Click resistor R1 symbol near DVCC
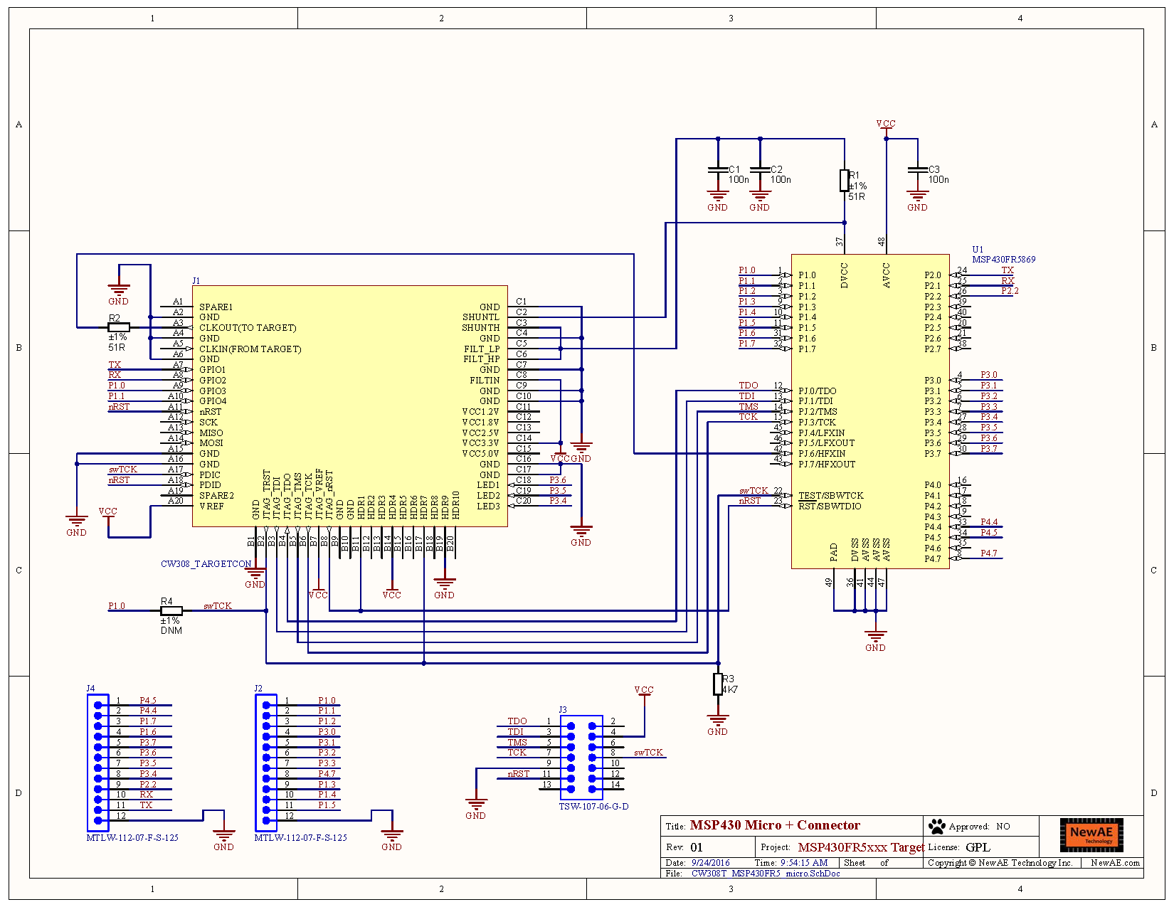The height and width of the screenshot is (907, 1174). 844,181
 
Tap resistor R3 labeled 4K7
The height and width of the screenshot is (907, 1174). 718,684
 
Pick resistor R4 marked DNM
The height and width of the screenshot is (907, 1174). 171,610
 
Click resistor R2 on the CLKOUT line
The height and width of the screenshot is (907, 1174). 118,327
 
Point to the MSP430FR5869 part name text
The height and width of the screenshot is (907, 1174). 1003,260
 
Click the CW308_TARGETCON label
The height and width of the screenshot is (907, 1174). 206,563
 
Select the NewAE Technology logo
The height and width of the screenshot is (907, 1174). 1091,834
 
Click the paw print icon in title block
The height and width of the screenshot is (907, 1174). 937,826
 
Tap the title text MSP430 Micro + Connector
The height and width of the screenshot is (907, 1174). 774,825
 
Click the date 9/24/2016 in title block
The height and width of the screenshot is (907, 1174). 710,862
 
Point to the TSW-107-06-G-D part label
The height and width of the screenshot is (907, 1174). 593,807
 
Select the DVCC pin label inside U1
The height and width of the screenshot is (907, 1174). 845,275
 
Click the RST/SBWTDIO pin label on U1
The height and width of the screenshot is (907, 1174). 830,506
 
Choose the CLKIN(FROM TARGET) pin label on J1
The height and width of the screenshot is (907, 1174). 250,349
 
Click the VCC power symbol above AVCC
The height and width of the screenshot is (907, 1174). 886,126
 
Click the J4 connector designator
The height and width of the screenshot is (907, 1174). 90,689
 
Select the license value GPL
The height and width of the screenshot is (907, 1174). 978,847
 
